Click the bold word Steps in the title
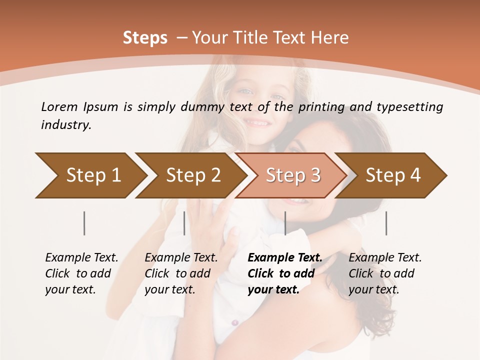click(x=145, y=38)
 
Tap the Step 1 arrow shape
click(x=90, y=175)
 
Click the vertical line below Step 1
click(x=84, y=223)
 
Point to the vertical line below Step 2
click(x=184, y=223)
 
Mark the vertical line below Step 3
click(x=285, y=223)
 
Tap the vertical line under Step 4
click(x=386, y=223)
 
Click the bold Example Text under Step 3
click(x=285, y=273)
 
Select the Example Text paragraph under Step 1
click(x=81, y=273)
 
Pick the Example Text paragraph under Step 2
click(x=181, y=273)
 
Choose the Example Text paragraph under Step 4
click(x=385, y=273)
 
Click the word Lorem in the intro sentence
click(x=59, y=106)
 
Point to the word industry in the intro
click(x=65, y=125)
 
